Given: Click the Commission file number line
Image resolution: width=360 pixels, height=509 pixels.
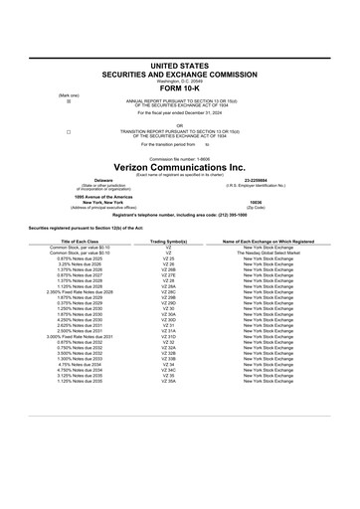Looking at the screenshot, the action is coord(180,158).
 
